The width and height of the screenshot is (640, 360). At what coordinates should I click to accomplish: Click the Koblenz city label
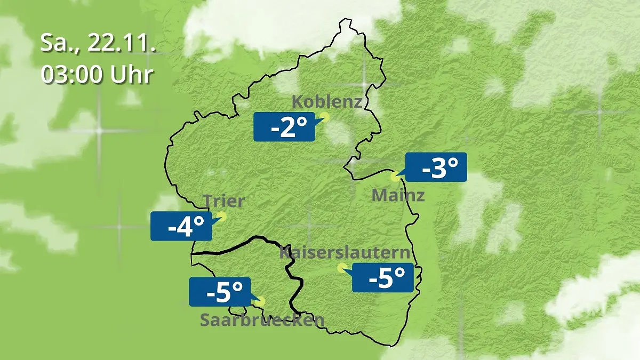tap(327, 101)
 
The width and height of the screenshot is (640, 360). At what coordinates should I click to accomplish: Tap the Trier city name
tap(223, 202)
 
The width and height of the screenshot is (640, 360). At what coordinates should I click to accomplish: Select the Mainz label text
tap(398, 195)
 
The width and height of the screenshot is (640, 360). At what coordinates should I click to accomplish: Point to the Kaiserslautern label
tap(345, 253)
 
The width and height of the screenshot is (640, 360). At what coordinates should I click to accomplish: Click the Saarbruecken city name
tap(262, 320)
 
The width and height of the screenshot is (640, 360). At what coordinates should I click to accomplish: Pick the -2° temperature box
tap(284, 127)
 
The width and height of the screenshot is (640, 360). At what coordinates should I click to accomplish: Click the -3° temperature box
tap(436, 167)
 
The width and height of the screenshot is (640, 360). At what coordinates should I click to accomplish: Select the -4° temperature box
tap(181, 226)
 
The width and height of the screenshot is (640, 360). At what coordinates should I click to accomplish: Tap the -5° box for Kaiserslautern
tap(383, 277)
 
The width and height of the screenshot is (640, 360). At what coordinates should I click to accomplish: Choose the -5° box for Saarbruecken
tap(219, 292)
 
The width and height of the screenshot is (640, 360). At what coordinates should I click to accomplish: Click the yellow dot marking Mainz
tap(395, 175)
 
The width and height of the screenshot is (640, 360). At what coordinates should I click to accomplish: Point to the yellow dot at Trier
tap(221, 216)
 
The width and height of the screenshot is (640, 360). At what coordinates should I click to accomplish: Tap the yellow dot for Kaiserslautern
tap(341, 268)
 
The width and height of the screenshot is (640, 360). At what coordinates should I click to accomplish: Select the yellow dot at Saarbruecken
tap(260, 301)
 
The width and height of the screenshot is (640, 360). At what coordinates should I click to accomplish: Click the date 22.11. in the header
tap(122, 43)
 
